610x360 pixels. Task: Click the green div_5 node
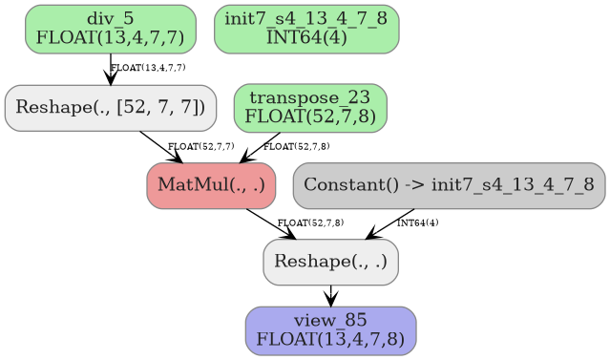click(110, 29)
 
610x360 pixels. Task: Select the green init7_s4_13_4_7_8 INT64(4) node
click(306, 29)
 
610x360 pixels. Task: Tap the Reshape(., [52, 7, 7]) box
click(110, 107)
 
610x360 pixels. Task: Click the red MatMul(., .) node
click(211, 184)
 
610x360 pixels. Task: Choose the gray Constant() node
click(449, 184)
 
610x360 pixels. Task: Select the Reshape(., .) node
click(330, 262)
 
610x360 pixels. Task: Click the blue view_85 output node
click(330, 330)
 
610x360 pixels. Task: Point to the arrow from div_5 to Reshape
click(111, 69)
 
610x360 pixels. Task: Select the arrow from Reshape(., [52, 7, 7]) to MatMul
click(160, 147)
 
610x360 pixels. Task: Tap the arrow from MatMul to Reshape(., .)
click(270, 223)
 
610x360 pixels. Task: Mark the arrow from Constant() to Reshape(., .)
click(390, 223)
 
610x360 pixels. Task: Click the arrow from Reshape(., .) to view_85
click(330, 295)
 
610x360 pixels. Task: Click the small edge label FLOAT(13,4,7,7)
click(148, 68)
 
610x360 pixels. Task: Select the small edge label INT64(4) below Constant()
click(417, 222)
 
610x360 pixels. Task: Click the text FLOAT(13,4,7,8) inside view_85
click(330, 338)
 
